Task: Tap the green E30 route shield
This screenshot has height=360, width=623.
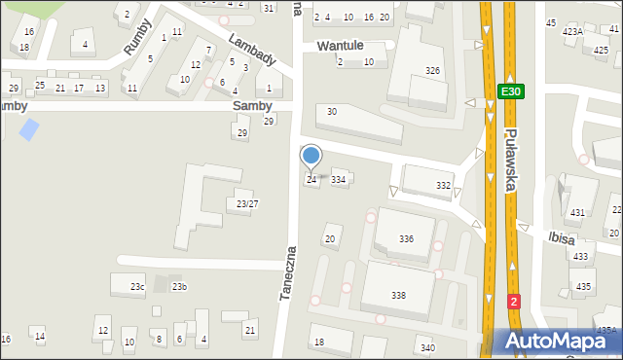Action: pos(510,91)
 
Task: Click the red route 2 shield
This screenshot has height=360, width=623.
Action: pos(514,302)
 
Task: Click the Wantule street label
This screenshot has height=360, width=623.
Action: pos(340,46)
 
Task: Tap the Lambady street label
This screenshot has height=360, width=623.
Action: pos(252,51)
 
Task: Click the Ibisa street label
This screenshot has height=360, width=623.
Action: pos(536,234)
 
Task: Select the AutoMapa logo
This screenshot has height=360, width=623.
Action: pos(559,341)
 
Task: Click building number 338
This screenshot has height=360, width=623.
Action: pos(398,295)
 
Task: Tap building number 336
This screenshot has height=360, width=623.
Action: pos(406,238)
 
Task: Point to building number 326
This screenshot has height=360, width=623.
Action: pos(432,71)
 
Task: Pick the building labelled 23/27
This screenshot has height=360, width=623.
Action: pos(247,203)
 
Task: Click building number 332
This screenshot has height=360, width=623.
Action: pos(443,185)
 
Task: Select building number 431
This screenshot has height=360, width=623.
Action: pos(577,212)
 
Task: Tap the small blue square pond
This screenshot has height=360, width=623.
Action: pos(30,127)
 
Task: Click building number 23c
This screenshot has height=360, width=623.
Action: pos(138,286)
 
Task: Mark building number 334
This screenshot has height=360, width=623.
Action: pos(338,179)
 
